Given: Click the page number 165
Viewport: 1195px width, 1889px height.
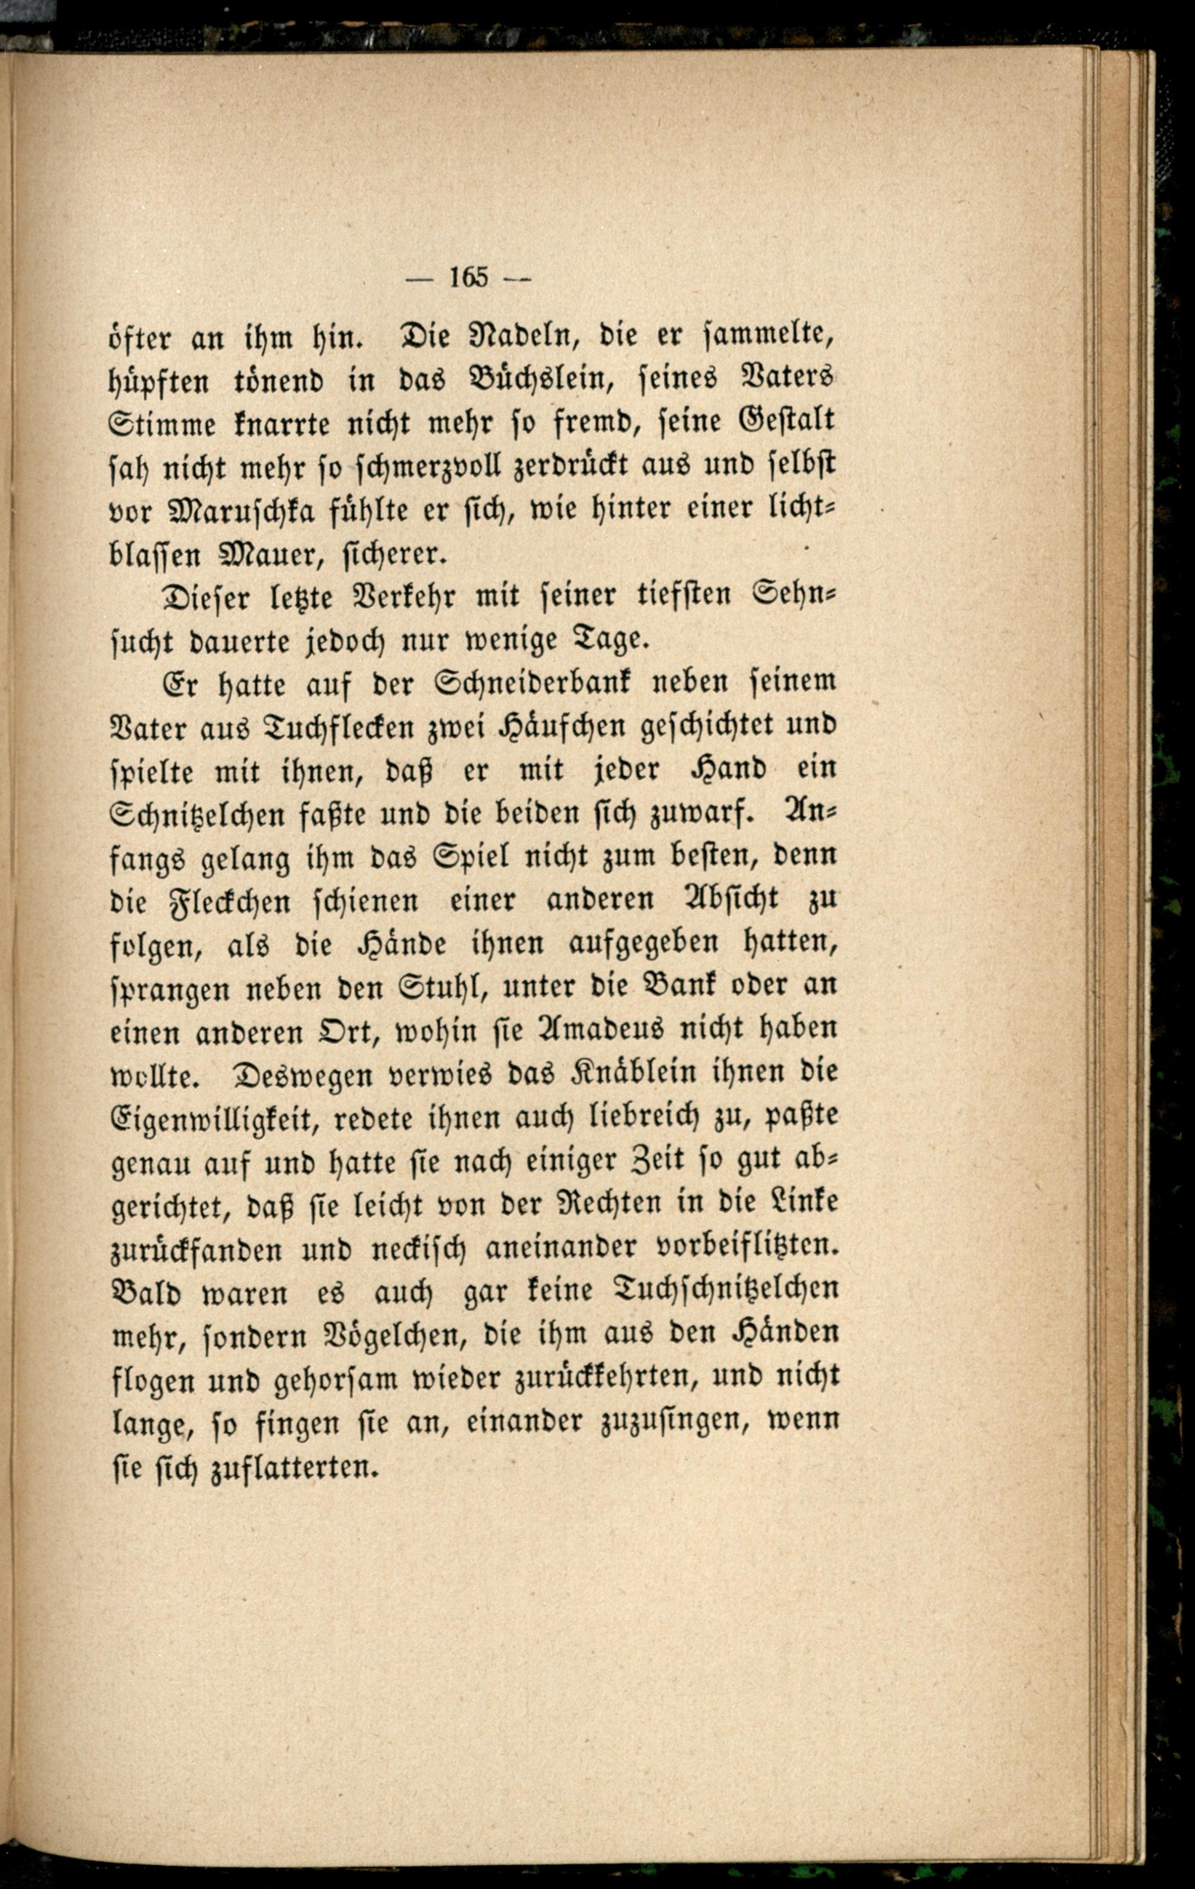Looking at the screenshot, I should click(x=468, y=277).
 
